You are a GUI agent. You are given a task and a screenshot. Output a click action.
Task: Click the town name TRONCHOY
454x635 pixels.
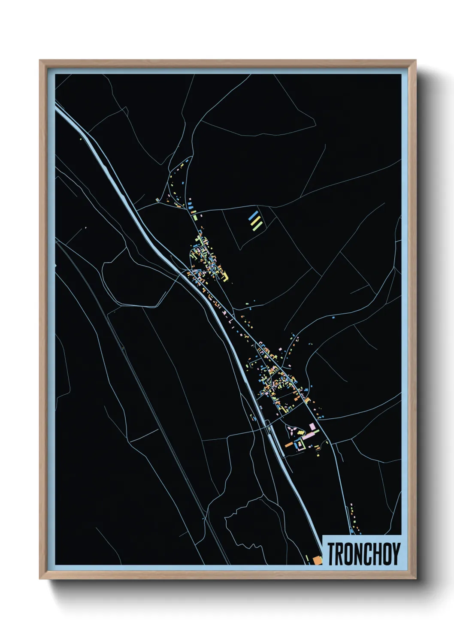364,553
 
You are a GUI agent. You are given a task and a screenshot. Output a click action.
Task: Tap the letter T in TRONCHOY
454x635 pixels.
332,553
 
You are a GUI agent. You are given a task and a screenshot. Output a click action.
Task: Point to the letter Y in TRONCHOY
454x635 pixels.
396,553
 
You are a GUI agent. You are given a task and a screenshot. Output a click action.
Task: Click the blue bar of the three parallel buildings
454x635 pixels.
254,215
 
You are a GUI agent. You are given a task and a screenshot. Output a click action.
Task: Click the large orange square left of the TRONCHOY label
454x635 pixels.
317,559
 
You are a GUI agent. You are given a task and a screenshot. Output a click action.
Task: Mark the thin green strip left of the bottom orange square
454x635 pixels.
308,559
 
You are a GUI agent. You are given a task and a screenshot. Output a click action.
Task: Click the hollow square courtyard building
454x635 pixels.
300,445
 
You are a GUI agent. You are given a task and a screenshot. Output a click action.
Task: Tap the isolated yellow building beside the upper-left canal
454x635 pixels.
81,139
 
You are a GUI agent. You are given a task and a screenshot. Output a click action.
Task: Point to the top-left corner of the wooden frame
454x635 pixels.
40,60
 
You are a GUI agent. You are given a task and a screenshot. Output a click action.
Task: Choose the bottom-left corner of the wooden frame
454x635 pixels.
40,578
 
